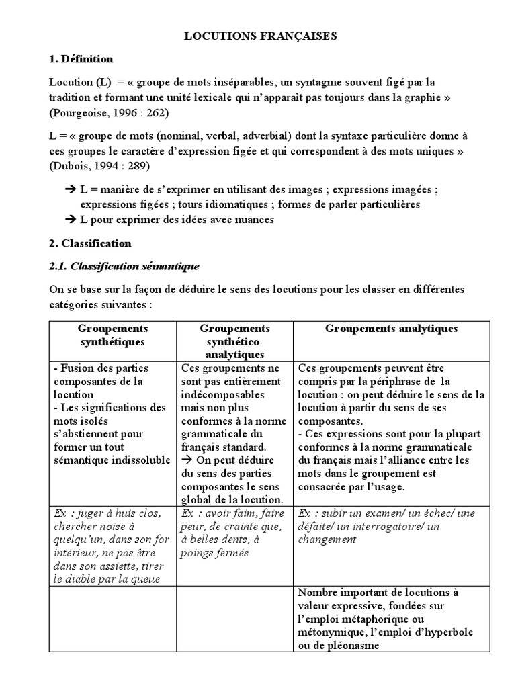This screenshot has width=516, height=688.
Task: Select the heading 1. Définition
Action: click(x=81, y=59)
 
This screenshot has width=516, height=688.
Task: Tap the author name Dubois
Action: click(x=72, y=165)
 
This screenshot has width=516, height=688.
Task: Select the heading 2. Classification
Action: click(x=90, y=243)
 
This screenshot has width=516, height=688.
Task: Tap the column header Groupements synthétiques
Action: click(x=113, y=335)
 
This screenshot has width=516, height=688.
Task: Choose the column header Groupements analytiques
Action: click(x=391, y=328)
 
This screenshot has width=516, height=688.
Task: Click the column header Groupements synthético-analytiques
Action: click(x=234, y=341)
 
